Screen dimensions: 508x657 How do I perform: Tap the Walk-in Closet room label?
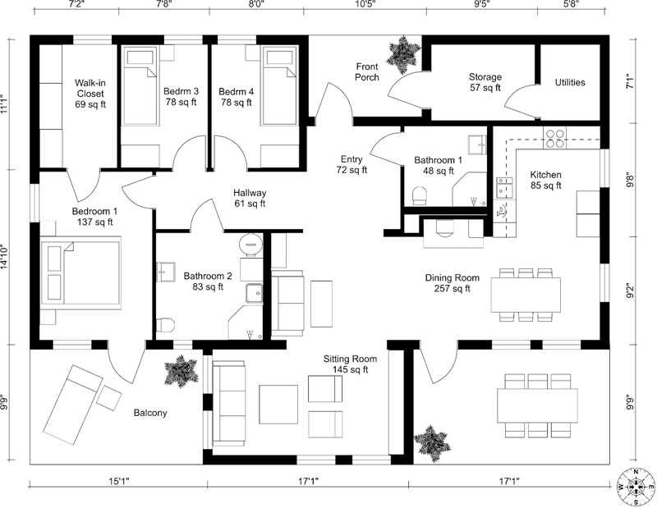coord(89,94)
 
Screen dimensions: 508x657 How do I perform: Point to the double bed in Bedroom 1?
coord(82,272)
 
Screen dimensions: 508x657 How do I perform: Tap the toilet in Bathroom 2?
coord(165,325)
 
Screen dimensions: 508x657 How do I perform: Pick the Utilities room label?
coord(570,82)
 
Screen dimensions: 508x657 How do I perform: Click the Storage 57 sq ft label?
coord(485,82)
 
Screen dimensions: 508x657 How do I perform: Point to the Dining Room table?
coord(526,294)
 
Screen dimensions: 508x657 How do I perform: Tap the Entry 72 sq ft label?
coord(352,165)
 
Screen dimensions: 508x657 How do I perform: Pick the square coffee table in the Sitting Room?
coord(278,403)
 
